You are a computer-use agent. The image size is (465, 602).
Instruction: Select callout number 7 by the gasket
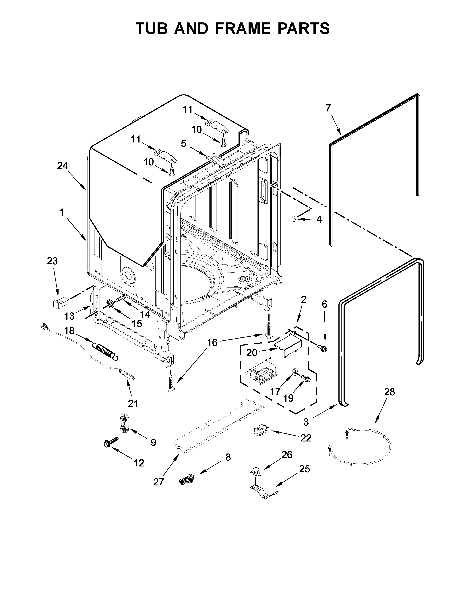[x=328, y=108]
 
